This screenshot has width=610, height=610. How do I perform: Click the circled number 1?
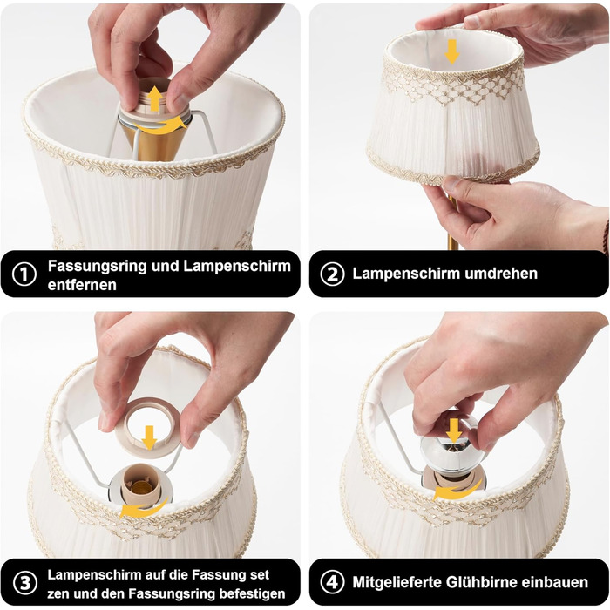pos(24,274)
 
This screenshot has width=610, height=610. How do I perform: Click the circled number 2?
pos(332,274)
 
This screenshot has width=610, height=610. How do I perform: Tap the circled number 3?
pos(25,584)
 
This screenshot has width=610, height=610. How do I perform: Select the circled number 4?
pos(332,582)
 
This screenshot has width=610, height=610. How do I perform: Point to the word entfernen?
pos(82,285)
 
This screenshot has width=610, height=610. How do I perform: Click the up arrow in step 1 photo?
pos(155,98)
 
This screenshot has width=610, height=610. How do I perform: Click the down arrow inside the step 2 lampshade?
pos(451,51)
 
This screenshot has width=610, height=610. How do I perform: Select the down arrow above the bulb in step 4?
pos(454,430)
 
